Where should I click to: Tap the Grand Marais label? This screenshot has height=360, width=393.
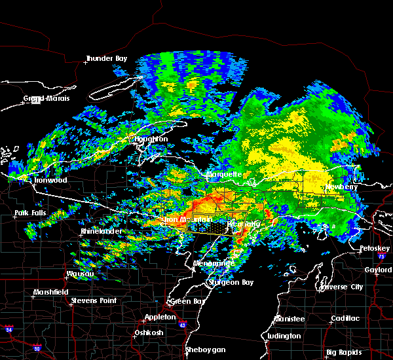tap(43, 99)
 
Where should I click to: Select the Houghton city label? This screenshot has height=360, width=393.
tap(151, 139)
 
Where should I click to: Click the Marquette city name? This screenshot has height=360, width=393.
tap(224, 175)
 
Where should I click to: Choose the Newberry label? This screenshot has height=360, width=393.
tap(342, 187)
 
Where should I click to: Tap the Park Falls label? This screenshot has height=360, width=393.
tap(31, 214)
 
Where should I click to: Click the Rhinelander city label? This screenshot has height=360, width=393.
tap(97, 232)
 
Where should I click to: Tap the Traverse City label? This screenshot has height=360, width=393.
tap(341, 287)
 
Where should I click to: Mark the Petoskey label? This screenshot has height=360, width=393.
tap(375, 249)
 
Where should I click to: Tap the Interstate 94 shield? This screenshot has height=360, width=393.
tap(9, 327)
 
